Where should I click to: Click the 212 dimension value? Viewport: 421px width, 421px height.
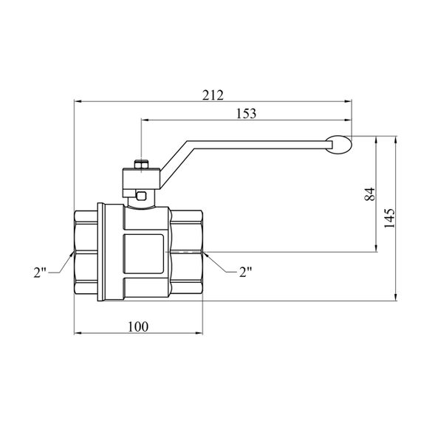[x=213, y=95]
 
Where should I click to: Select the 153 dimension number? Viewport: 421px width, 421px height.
[x=246, y=113]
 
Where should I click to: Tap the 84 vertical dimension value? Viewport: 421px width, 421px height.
[x=369, y=194]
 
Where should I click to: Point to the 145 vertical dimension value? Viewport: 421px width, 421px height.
[x=389, y=218]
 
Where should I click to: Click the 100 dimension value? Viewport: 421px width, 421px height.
[x=137, y=326]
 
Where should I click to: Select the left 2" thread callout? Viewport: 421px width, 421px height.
[x=40, y=273]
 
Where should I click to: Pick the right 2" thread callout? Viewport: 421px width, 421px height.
[x=245, y=273]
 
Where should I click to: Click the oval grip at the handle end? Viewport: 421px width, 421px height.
[x=338, y=145]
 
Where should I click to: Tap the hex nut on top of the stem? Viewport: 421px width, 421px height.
[x=141, y=165]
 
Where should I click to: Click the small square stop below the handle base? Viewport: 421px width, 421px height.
[x=141, y=195]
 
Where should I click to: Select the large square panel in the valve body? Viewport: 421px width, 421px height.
[x=143, y=254]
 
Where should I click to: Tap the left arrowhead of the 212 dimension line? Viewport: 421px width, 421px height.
[x=78, y=101]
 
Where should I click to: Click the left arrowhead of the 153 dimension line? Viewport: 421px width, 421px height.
[x=145, y=120]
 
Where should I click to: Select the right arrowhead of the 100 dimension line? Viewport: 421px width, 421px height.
[x=199, y=333]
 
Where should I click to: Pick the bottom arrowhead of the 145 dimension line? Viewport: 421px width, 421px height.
[x=395, y=298]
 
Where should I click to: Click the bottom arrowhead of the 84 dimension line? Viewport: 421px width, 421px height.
[x=377, y=249]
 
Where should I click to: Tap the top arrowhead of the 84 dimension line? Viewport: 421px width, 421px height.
[x=377, y=140]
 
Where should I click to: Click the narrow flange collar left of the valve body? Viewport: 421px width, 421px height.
[x=100, y=252]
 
